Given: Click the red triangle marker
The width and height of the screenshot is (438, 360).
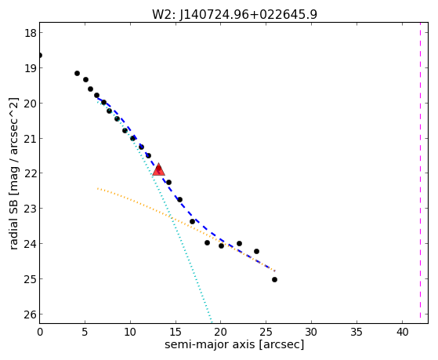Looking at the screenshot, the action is tap(158, 169).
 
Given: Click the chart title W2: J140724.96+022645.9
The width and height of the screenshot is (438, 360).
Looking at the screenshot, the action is tap(234, 14).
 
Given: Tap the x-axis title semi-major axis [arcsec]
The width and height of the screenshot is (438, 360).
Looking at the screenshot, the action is tap(234, 344).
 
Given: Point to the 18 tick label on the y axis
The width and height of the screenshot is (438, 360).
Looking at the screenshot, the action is tap(30, 33).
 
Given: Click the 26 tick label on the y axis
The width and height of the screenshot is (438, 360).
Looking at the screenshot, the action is tap(30, 315).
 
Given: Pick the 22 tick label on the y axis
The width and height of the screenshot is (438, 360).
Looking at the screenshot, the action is tap(30, 173).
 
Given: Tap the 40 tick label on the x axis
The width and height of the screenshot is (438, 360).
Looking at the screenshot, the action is tap(403, 332).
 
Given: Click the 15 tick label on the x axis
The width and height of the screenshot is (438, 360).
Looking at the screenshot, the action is tap(176, 332).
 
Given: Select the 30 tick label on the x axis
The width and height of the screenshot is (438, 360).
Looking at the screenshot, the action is tap(312, 332).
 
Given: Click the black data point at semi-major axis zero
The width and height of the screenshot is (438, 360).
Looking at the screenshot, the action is tap(40, 56).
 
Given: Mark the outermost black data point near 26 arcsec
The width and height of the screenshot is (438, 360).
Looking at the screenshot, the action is tap(274, 279).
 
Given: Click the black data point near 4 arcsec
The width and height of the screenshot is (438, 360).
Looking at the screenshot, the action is tap(77, 73).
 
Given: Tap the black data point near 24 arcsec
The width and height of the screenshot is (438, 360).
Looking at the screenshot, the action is tap(256, 251).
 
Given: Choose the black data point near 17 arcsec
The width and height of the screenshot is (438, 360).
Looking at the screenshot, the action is tap(192, 221).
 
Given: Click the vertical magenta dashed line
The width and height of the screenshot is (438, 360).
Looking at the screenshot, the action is tap(420, 173).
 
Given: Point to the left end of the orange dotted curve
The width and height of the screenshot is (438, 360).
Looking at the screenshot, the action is tap(97, 188).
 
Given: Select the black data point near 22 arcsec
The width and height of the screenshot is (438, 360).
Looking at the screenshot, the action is tap(239, 243).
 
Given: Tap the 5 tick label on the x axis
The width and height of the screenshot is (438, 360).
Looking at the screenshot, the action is tap(85, 332).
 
